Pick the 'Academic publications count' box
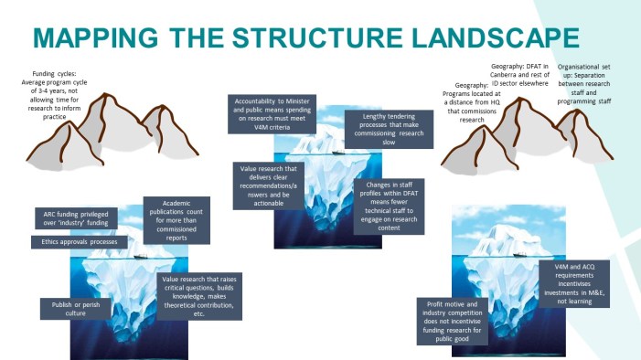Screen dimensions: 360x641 (x=179, y=219)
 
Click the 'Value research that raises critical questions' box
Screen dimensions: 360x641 (x=200, y=296)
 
